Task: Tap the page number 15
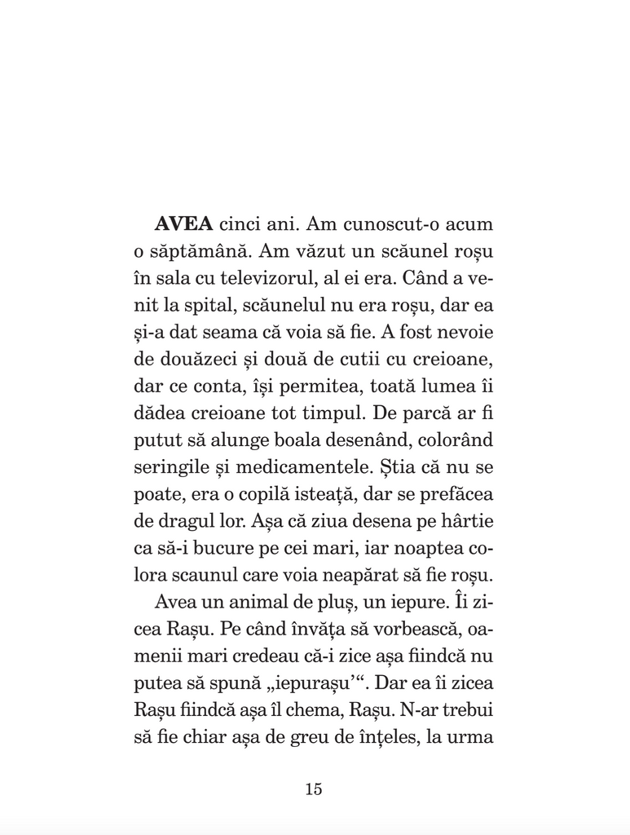pos(314,789)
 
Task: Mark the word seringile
pos(167,469)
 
